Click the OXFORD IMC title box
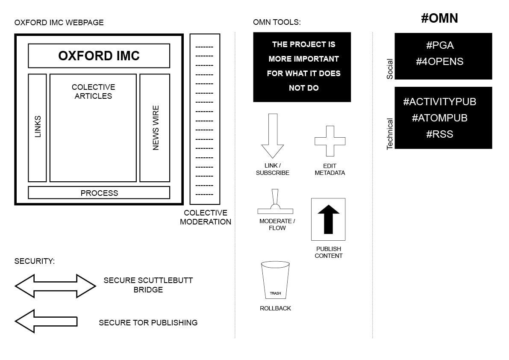[x=99, y=56]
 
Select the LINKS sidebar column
[x=37, y=128]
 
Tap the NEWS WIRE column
[x=155, y=128]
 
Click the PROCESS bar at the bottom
[x=99, y=193]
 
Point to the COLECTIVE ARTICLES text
[x=94, y=91]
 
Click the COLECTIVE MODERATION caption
[x=206, y=217]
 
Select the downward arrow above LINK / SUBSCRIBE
[x=273, y=136]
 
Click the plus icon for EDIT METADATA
[x=330, y=141]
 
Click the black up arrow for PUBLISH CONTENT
[x=329, y=219]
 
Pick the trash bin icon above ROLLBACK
[x=275, y=280]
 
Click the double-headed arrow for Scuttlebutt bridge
[x=56, y=286]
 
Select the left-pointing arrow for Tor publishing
[x=46, y=322]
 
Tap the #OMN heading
[x=439, y=18]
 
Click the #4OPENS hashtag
[x=440, y=61]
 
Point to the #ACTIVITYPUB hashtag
[x=440, y=102]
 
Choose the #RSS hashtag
[x=440, y=134]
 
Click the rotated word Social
[x=389, y=69]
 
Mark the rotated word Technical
[x=389, y=134]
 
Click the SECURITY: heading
[x=35, y=261]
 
